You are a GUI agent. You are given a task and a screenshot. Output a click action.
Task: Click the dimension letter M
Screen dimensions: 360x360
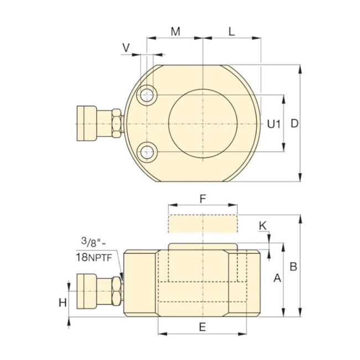[175, 32]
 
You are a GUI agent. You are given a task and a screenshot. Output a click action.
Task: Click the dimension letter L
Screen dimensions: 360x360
[232, 32]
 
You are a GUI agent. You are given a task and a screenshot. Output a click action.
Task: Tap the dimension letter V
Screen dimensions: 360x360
[126, 48]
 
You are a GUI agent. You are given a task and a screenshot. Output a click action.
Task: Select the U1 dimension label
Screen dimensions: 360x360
[274, 124]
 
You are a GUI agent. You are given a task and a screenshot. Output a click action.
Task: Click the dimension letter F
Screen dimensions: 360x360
[203, 198]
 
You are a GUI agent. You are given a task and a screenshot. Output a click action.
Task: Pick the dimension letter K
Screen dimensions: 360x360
[263, 225]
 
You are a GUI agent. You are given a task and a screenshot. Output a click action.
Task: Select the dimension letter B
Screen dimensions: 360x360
[294, 266]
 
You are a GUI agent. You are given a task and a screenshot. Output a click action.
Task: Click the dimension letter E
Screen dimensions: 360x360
[202, 327]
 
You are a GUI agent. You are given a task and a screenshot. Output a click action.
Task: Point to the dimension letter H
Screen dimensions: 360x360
[63, 302]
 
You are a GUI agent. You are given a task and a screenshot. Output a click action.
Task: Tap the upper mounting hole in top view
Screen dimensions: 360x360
[147, 95]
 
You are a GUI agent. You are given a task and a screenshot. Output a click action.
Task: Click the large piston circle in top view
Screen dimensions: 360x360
[203, 124]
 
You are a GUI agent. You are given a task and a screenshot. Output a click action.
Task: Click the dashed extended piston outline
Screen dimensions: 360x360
[203, 224]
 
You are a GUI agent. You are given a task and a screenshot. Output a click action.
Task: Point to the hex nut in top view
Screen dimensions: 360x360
[116, 123]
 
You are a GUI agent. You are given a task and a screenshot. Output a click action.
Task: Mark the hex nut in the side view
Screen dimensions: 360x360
[116, 289]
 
